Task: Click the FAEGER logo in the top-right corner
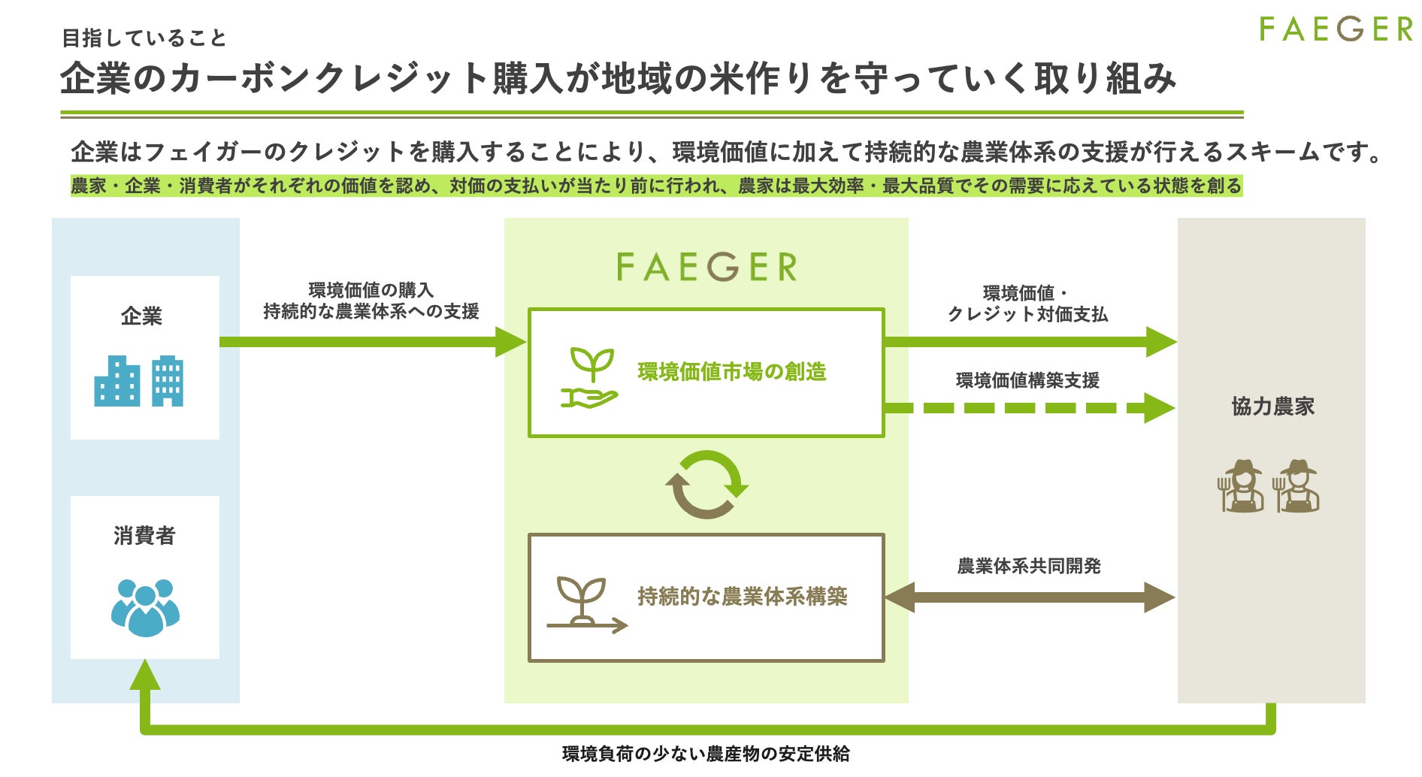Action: point(1336,30)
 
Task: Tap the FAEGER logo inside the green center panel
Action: point(706,267)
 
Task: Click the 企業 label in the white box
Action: point(141,316)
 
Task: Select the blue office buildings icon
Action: point(139,381)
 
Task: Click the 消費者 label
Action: point(144,536)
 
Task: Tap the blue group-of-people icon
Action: point(145,607)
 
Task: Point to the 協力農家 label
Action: point(1272,407)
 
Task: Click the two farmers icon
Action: point(1268,486)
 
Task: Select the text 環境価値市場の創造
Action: point(732,372)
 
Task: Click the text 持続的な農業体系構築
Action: point(743,597)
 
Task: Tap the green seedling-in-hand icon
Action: point(590,378)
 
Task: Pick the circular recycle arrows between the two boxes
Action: point(706,485)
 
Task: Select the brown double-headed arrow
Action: point(1030,598)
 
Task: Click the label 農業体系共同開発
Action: point(1028,566)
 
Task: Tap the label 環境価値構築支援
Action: point(1027,381)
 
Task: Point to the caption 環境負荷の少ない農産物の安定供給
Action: point(706,754)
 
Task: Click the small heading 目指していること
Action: point(144,38)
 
